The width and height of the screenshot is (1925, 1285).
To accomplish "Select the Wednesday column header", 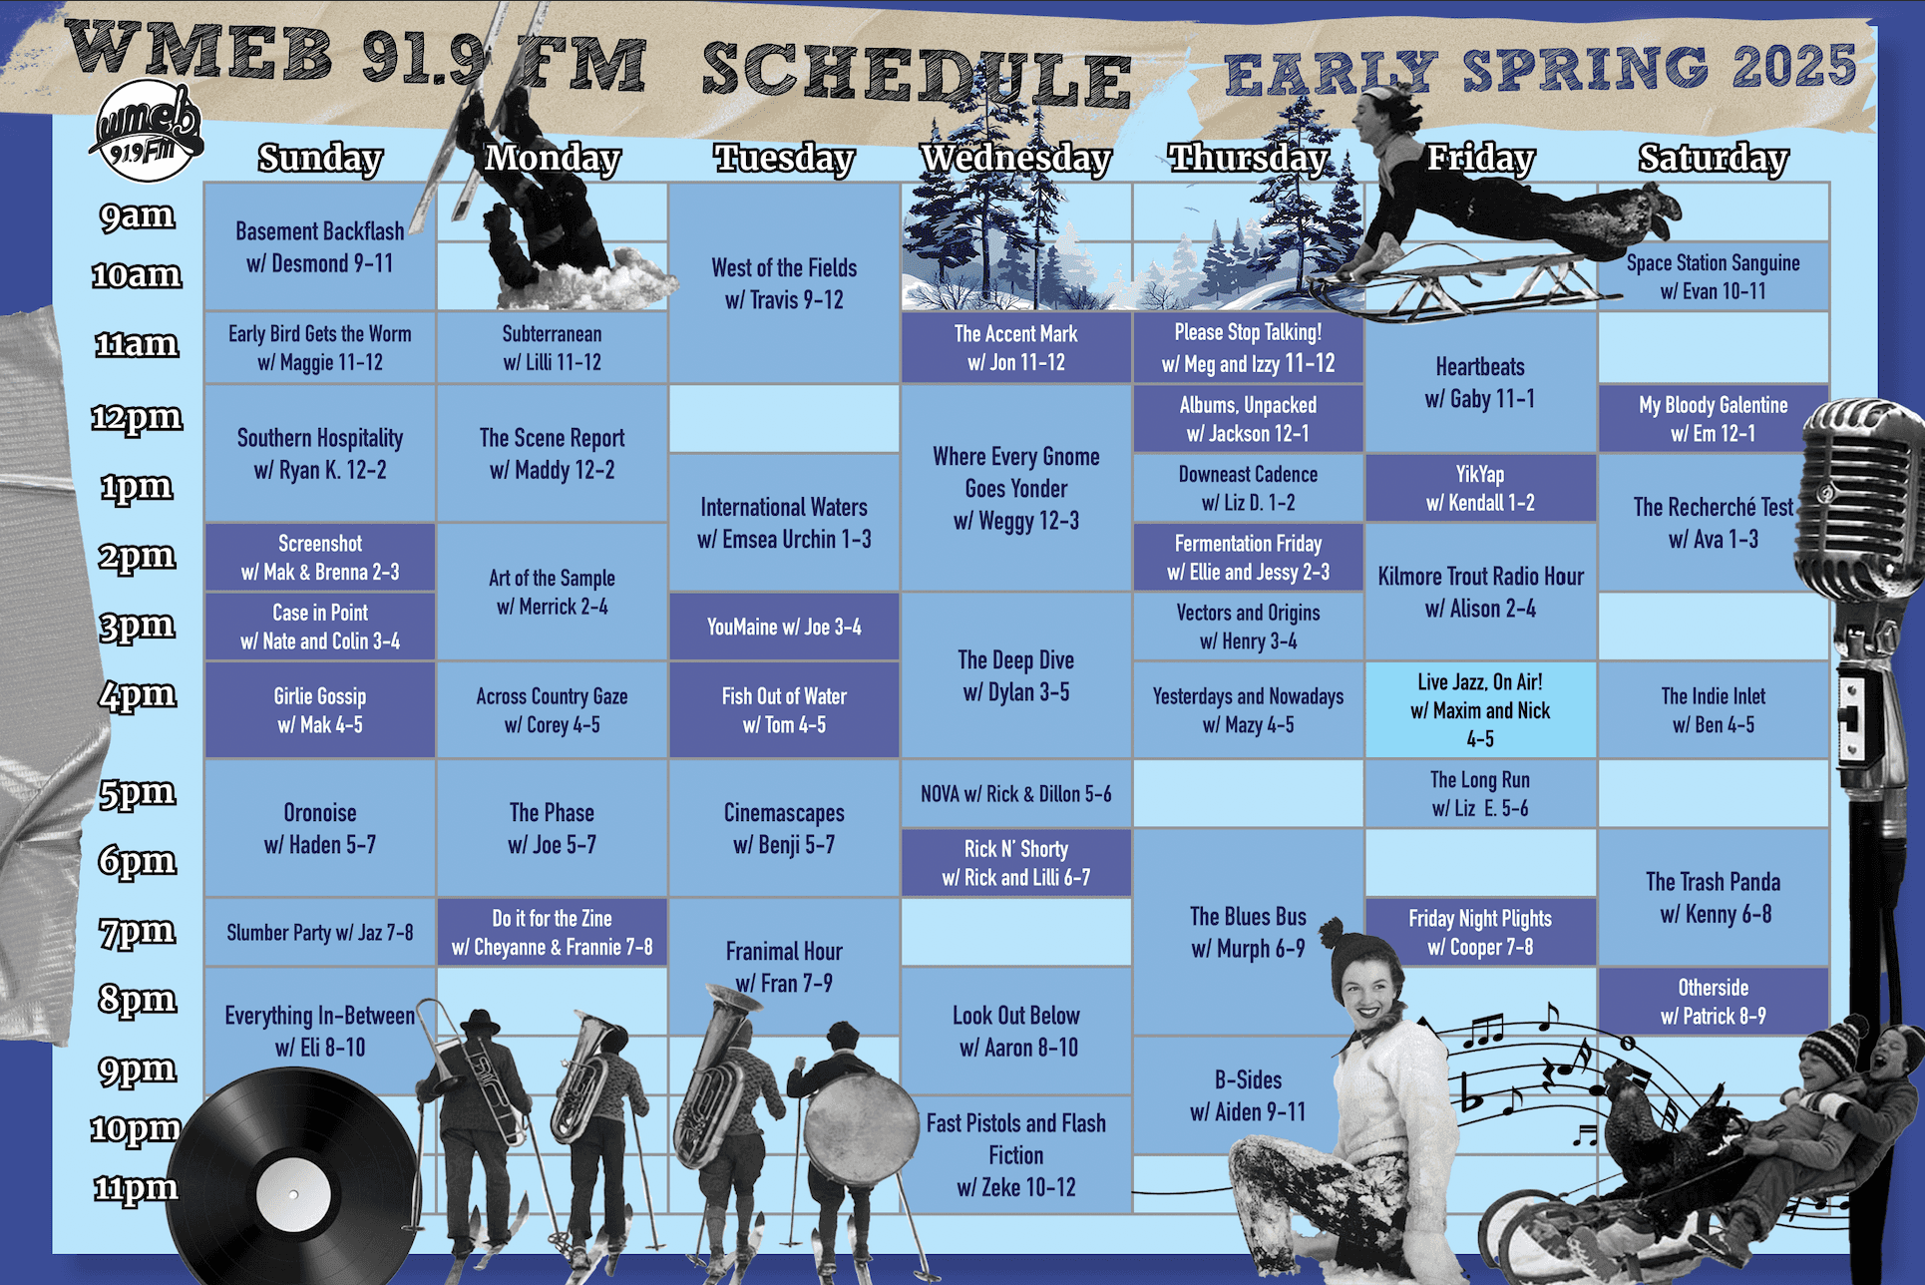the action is [x=1016, y=158].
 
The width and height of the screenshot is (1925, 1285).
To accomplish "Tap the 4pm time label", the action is [x=138, y=694].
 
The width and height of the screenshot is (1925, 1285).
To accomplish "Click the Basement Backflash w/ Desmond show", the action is [x=320, y=246].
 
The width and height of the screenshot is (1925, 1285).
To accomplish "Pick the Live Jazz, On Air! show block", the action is [x=1480, y=709].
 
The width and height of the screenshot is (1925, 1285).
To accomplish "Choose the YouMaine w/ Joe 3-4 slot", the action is [x=784, y=627].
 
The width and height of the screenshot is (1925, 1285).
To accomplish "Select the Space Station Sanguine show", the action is [x=1714, y=276].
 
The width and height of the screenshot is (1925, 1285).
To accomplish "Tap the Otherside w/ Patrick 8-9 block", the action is [x=1714, y=1001].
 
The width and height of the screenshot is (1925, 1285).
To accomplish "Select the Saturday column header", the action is [x=1714, y=158].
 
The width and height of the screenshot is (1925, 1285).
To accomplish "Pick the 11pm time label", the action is [x=136, y=1187].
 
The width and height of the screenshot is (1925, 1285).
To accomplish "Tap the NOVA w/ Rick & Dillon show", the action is [x=1016, y=794].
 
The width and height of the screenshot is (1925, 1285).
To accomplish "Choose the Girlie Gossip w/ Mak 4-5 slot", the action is [x=320, y=709].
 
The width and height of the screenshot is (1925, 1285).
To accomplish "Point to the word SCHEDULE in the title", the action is [x=917, y=74].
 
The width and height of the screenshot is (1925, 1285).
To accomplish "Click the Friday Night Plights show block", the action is [x=1480, y=932].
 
